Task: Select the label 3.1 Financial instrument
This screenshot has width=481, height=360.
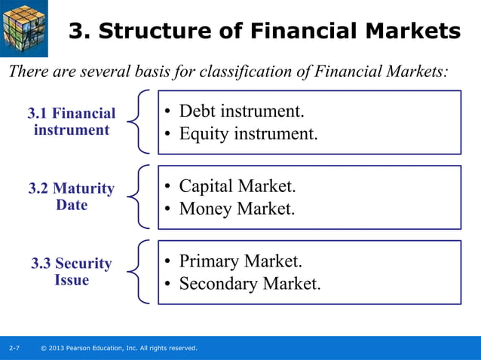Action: [x=72, y=122]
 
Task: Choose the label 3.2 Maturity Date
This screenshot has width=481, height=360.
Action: [x=72, y=197]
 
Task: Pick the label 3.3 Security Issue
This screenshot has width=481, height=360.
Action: [x=72, y=272]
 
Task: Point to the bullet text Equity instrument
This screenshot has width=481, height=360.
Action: [x=248, y=134]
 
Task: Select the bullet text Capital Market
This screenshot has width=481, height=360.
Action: [x=237, y=186]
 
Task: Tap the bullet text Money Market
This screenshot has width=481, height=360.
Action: [x=237, y=209]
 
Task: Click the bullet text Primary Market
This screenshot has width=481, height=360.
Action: [x=240, y=261]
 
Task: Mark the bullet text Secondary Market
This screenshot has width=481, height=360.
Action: [x=250, y=284]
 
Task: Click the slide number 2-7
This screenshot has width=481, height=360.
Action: [x=14, y=348]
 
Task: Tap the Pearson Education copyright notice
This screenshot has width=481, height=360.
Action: [x=119, y=348]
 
